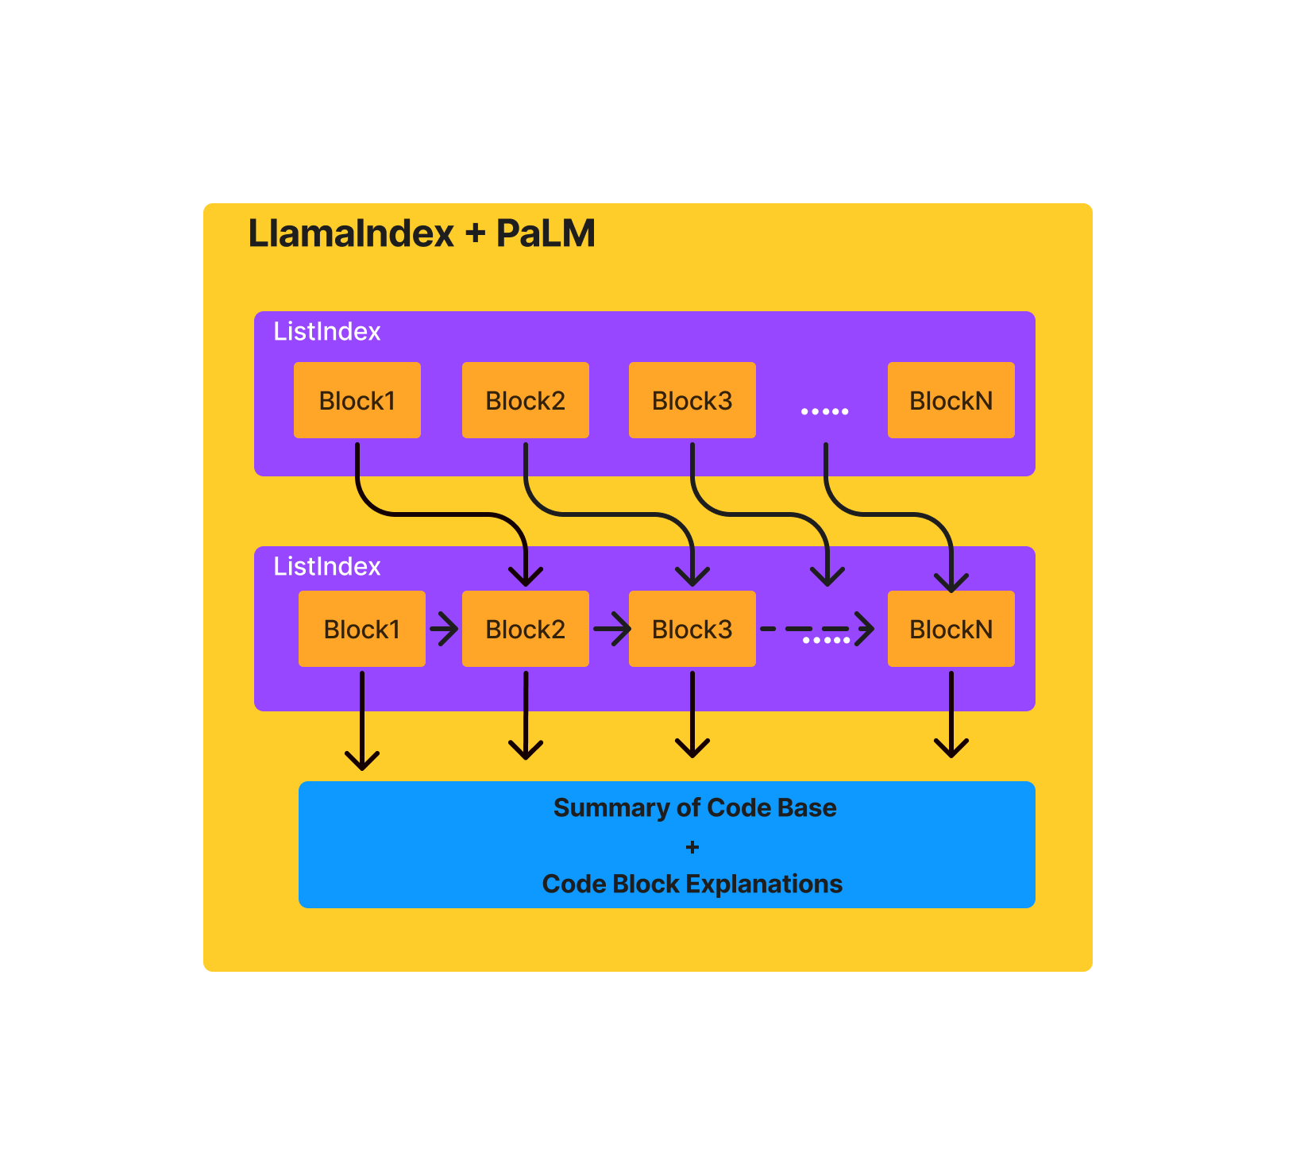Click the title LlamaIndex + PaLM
click(x=422, y=233)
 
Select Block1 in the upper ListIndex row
click(x=357, y=400)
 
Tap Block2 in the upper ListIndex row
click(x=526, y=400)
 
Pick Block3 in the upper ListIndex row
click(x=692, y=400)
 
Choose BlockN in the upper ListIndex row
click(x=951, y=400)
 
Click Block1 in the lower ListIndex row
click(x=362, y=629)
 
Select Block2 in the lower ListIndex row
click(x=526, y=629)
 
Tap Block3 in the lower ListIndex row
click(x=692, y=629)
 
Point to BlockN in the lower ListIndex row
click(x=951, y=629)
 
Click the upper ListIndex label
click(x=327, y=331)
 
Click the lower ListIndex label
click(x=327, y=566)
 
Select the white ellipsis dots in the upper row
click(x=825, y=411)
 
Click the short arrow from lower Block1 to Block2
click(x=444, y=630)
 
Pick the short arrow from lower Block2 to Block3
click(x=611, y=630)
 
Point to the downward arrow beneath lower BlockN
click(x=951, y=715)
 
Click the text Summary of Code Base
click(x=695, y=807)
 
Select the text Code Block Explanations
click(x=692, y=884)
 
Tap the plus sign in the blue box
click(x=692, y=847)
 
